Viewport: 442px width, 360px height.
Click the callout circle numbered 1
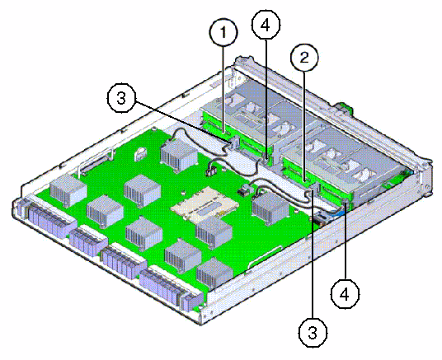pos(223,32)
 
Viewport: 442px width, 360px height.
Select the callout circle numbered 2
pos(304,58)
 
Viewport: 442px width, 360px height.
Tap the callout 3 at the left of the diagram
pos(121,98)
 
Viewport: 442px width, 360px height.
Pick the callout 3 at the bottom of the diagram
pos(313,333)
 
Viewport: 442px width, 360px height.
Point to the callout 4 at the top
pos(266,25)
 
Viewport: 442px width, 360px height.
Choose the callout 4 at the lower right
pos(345,294)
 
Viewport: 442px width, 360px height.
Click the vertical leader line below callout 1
pos(223,90)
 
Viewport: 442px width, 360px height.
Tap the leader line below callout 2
pos(303,126)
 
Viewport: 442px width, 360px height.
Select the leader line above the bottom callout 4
pos(345,241)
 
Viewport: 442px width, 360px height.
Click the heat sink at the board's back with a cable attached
pos(179,154)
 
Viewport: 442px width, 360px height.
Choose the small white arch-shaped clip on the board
pos(141,153)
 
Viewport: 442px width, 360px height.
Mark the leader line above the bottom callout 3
pos(313,255)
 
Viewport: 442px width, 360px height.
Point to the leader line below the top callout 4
pos(266,100)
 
